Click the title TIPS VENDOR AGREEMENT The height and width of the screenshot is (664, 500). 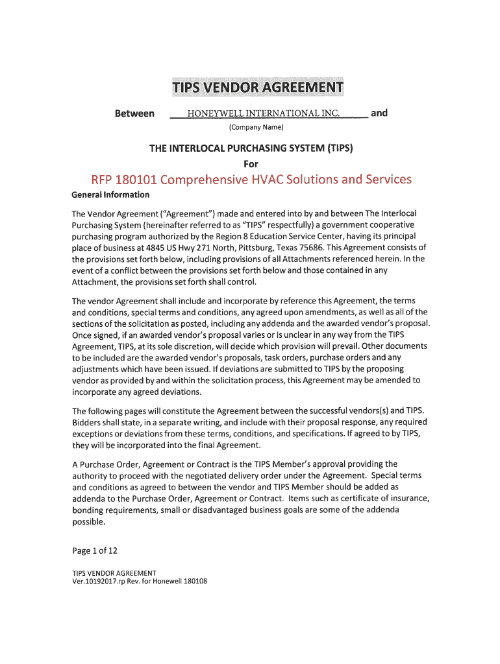click(x=258, y=88)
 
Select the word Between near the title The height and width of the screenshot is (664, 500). click(x=134, y=113)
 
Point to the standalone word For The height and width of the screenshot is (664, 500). click(x=251, y=163)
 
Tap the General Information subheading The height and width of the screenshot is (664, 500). click(x=110, y=195)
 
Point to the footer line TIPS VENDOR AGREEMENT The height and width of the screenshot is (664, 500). click(x=114, y=573)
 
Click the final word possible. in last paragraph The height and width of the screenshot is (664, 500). click(x=90, y=521)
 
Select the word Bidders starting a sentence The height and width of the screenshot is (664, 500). click(x=88, y=422)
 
